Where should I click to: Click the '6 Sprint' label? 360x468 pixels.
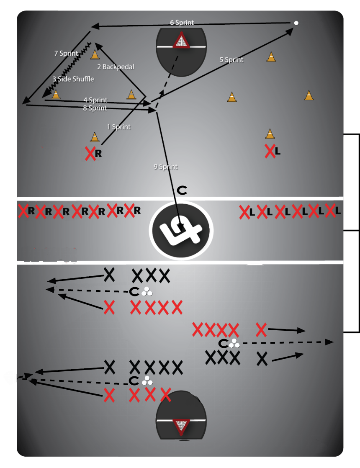click(182, 22)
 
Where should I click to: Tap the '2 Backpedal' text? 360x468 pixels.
click(116, 67)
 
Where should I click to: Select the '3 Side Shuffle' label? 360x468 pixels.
click(73, 79)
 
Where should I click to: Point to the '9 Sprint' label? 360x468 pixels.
click(166, 167)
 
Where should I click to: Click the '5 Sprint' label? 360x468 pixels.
click(231, 59)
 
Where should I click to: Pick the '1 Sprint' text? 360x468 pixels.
click(119, 126)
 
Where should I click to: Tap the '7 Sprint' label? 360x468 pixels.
click(66, 53)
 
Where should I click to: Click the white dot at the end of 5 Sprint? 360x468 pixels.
click(296, 23)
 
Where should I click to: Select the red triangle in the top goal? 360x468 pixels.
click(181, 42)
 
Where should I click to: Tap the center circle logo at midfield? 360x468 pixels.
click(181, 229)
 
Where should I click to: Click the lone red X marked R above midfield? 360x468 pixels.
click(90, 154)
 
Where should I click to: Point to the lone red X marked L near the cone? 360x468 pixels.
click(270, 151)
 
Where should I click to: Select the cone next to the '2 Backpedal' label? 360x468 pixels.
click(95, 54)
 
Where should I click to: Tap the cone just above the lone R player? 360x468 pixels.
click(95, 137)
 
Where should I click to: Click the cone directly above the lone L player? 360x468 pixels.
click(270, 134)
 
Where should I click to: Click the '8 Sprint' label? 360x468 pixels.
click(95, 108)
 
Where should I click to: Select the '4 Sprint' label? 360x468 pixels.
click(95, 100)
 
